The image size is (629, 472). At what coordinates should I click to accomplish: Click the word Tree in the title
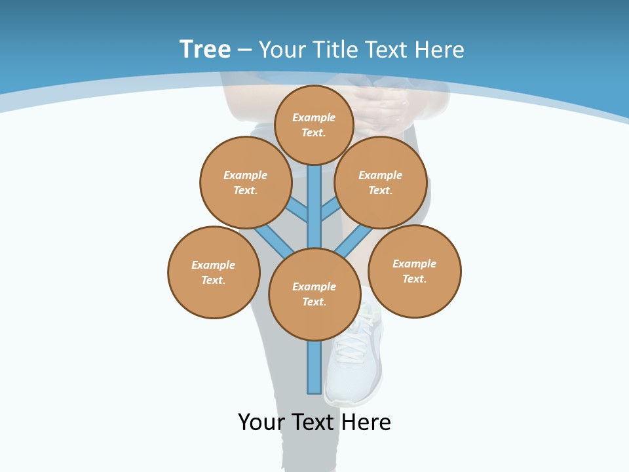(x=205, y=49)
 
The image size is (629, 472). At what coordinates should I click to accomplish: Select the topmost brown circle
(x=314, y=125)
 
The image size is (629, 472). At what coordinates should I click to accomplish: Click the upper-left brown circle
(x=246, y=182)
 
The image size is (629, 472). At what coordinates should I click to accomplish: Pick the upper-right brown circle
(x=381, y=182)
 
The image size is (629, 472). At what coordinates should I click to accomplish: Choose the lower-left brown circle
(x=214, y=272)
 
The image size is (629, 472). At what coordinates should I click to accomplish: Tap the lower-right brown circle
(x=414, y=271)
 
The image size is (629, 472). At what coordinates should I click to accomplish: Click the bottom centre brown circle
(x=314, y=294)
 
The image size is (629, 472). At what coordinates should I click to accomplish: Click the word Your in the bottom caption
(x=261, y=422)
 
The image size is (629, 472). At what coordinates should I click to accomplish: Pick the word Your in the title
(x=282, y=50)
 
